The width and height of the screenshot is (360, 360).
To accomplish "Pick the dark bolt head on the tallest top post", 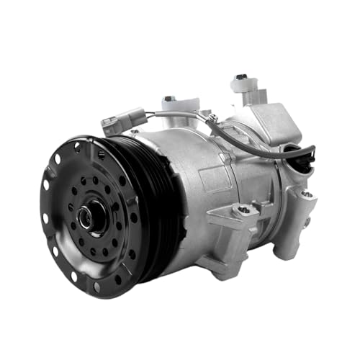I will [x=241, y=77].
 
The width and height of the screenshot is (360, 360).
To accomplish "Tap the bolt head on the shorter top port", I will [x=168, y=98].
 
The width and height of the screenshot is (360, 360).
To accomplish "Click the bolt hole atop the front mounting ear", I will [x=244, y=210].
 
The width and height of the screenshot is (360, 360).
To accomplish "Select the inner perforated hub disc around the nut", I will [x=101, y=216].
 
